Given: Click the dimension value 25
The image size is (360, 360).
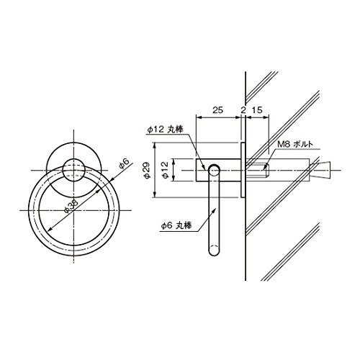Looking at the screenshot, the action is point(218,110).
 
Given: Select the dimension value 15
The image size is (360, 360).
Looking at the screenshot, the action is point(257,110).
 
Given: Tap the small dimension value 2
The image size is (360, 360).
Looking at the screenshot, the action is point(243,110).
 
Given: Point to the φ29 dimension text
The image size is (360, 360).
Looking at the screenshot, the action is point(147,171).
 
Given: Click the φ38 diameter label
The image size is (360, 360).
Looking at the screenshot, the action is point(71,207).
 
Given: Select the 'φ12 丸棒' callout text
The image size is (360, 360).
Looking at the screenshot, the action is point(165,130).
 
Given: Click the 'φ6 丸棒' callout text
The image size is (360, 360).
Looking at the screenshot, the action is point(176,225).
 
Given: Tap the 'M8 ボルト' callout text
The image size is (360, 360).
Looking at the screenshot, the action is point(295,144).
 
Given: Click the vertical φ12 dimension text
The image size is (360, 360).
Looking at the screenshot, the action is point(166,170).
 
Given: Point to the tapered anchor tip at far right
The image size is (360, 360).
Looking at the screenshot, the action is point(321,170).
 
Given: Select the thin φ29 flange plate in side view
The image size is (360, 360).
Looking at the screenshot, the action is point(243,170).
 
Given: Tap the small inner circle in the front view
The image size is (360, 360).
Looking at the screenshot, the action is point(73,170).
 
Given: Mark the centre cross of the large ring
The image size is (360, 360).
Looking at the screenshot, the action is point(74,210).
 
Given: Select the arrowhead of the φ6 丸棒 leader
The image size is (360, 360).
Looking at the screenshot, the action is point(215,210).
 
